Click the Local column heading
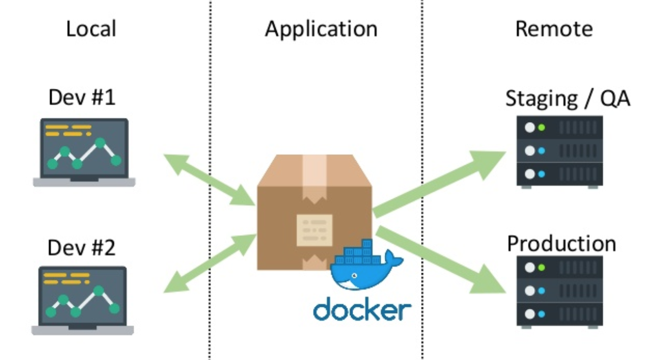click(x=91, y=28)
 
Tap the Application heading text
click(x=321, y=29)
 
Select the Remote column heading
click(x=554, y=29)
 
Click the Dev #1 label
click(x=82, y=97)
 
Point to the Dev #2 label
click(x=81, y=247)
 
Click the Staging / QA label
click(x=568, y=98)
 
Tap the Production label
click(x=561, y=244)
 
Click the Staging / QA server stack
click(x=559, y=152)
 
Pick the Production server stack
click(x=559, y=292)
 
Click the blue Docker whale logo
click(x=366, y=265)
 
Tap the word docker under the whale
click(x=362, y=309)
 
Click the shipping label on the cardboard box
click(x=314, y=230)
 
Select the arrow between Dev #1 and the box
click(x=209, y=179)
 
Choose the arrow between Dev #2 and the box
click(x=210, y=263)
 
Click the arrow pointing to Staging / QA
click(x=439, y=184)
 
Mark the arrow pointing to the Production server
click(x=441, y=259)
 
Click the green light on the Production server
click(x=542, y=267)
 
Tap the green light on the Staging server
click(x=542, y=127)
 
